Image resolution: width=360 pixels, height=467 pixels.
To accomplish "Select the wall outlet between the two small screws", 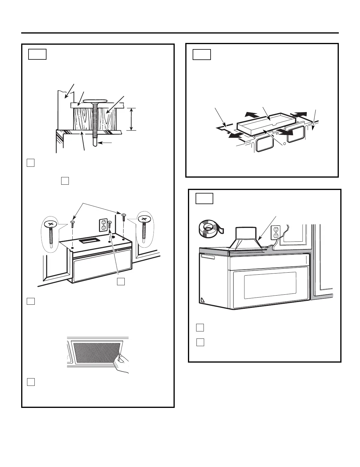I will point(103,225).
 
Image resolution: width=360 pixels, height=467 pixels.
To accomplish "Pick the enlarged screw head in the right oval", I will point(144,219).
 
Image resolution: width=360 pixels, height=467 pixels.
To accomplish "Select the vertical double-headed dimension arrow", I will point(131,119).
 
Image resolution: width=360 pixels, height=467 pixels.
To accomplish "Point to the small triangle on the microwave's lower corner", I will point(202,300).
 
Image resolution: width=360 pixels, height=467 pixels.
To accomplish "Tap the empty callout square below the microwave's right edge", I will point(121,281).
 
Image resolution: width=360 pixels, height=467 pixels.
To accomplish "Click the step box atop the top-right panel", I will point(202,55).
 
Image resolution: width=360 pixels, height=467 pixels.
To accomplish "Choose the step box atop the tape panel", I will point(204,199).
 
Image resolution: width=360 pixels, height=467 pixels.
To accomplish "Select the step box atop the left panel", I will point(37,54).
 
